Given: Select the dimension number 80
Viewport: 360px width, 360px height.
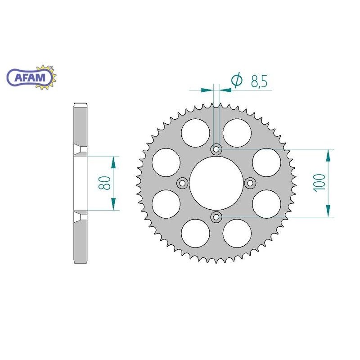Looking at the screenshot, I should coord(105,183).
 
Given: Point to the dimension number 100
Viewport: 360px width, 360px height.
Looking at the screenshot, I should coord(320,183).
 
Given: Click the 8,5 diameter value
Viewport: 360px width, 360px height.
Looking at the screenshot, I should coord(259,81).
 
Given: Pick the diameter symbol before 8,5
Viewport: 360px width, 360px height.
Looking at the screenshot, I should coord(237,81).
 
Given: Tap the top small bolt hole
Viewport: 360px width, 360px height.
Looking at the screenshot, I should coord(216,149).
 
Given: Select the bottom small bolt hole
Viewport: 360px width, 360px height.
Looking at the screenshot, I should coord(216,217).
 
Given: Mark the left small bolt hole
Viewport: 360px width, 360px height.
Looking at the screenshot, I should coord(182,183).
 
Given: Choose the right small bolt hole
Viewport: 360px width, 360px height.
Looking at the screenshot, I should coord(251,183).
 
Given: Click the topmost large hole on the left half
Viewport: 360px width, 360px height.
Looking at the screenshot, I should coord(196,132).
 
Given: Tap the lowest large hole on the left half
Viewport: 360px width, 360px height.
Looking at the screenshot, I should coord(196,233).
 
